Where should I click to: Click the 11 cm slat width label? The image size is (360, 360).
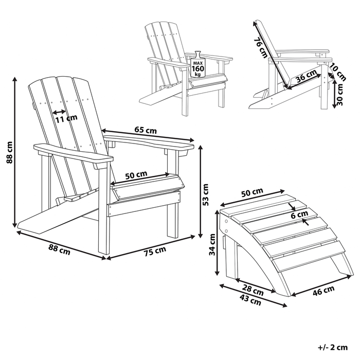[x=66, y=118]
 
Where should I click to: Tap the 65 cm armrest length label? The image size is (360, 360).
[x=146, y=130]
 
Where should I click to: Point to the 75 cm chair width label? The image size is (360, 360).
[x=155, y=251]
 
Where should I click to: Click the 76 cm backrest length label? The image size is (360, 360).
[x=261, y=47]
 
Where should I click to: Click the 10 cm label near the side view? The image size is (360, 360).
[x=338, y=72]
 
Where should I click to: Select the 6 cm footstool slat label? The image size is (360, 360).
[x=299, y=215]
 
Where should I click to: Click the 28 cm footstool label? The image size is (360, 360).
[x=253, y=291]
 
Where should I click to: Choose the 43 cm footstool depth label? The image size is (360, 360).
[x=250, y=300]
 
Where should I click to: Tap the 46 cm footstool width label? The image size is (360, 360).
[x=323, y=291]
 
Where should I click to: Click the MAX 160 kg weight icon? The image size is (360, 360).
[x=197, y=64]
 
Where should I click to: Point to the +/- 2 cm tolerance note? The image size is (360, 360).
[x=333, y=347]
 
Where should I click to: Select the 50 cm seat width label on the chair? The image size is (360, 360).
[x=136, y=175]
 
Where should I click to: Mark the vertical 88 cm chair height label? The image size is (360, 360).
[x=9, y=152]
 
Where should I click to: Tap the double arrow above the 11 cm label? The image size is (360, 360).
[x=59, y=112]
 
